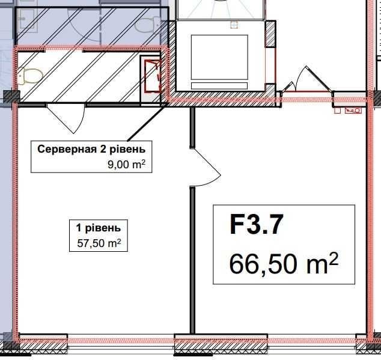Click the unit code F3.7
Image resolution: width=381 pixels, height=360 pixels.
click(x=257, y=225)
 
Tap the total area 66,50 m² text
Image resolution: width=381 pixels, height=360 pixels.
click(x=284, y=263)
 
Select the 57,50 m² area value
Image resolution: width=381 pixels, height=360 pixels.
click(x=99, y=243)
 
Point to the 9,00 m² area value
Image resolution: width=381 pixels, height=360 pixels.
click(x=126, y=164)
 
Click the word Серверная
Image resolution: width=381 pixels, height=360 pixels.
click(x=67, y=149)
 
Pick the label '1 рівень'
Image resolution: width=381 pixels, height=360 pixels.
click(x=99, y=228)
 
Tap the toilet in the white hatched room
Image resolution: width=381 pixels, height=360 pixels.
click(x=31, y=76)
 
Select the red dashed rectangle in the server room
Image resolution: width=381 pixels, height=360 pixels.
click(x=153, y=77)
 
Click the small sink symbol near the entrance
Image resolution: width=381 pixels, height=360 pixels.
click(x=353, y=111)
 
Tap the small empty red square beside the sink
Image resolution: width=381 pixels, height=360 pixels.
click(x=338, y=111)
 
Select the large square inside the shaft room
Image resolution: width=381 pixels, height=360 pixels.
click(x=219, y=57)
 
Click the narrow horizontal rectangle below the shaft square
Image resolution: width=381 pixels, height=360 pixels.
click(x=219, y=85)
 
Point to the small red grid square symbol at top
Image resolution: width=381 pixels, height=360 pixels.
click(x=234, y=25)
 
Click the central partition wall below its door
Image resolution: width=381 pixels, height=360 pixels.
click(x=192, y=248)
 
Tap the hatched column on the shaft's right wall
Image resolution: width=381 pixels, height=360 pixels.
click(x=270, y=34)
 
